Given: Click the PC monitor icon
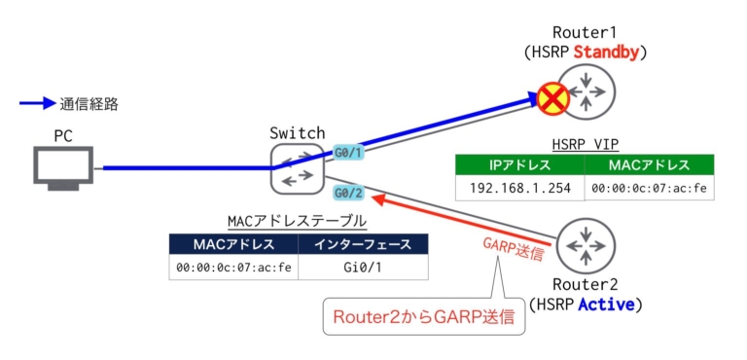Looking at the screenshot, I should (x=63, y=165).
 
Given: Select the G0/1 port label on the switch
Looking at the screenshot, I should (x=348, y=153).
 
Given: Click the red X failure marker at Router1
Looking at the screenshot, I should (x=554, y=97).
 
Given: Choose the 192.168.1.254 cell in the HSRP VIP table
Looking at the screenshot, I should (x=519, y=188).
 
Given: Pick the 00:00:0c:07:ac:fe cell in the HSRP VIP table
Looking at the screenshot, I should (x=649, y=188).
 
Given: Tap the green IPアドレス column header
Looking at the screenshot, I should (x=519, y=164).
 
